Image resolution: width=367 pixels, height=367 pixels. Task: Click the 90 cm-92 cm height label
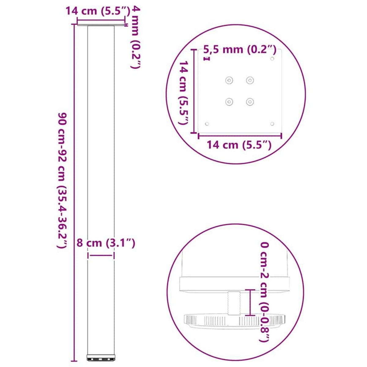click(63, 180)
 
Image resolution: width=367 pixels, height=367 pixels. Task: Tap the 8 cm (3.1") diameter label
click(106, 243)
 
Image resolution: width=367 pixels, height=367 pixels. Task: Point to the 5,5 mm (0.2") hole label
click(240, 50)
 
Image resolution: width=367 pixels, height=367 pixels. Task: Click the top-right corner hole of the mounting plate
click(272, 58)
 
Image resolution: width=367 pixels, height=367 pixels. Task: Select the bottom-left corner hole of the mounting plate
click(207, 124)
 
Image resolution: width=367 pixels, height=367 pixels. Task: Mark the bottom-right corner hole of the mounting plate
click(272, 124)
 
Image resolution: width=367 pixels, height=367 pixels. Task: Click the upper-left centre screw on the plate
click(229, 80)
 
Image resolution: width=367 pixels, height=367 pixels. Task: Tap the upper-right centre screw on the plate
click(250, 80)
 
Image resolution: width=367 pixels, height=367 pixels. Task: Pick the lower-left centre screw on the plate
click(229, 102)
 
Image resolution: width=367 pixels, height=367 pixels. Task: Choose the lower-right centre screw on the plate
click(250, 102)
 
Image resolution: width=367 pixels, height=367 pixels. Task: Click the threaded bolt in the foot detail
click(234, 303)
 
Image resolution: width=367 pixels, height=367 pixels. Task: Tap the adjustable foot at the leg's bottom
click(101, 357)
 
